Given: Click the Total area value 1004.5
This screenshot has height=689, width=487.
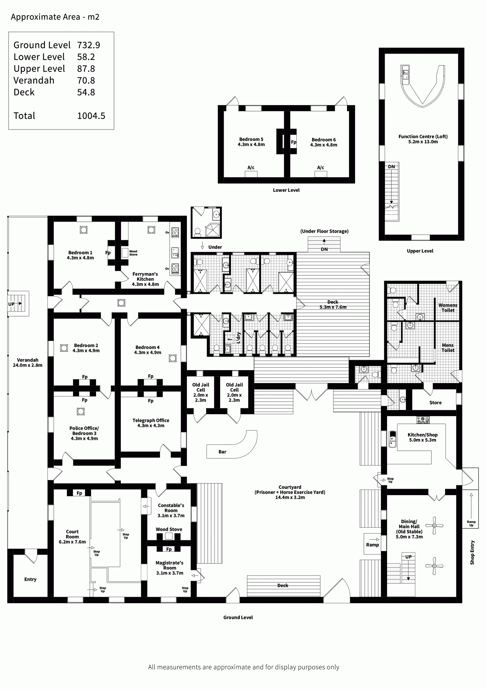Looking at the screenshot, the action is [x=91, y=116].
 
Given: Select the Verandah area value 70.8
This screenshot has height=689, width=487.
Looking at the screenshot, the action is [x=86, y=80].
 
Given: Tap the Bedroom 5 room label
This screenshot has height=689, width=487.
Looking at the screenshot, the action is [x=251, y=142].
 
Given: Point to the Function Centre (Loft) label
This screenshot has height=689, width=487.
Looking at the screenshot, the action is [x=423, y=139].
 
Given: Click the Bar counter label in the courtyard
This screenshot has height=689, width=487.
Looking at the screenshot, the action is [x=222, y=452].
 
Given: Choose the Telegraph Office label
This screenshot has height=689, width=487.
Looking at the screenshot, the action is [x=151, y=423].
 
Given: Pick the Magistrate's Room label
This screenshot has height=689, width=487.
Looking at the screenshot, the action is [x=169, y=568].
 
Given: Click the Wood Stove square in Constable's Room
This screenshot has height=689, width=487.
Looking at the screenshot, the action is [x=169, y=536].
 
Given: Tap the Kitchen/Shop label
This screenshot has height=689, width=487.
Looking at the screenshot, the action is [x=423, y=437].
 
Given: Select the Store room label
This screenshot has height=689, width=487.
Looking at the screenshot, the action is [x=436, y=403].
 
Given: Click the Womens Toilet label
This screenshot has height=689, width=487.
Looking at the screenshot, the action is [x=448, y=308].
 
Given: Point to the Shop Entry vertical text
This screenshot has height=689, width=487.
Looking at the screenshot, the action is [x=472, y=552].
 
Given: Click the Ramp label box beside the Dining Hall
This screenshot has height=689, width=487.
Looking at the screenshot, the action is [x=372, y=545].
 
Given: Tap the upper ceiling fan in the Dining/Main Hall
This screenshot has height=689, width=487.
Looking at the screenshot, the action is [x=434, y=526].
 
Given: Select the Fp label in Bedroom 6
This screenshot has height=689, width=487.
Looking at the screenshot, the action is [x=293, y=142].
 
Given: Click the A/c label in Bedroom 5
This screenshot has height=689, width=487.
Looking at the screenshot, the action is [x=251, y=167].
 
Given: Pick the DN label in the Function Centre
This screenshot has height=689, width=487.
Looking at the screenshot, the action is [x=391, y=166].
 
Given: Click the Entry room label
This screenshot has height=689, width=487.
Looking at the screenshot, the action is [x=30, y=579].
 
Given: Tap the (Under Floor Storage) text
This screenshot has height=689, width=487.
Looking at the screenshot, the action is [x=324, y=231].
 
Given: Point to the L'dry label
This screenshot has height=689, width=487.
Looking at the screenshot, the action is [x=239, y=338].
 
